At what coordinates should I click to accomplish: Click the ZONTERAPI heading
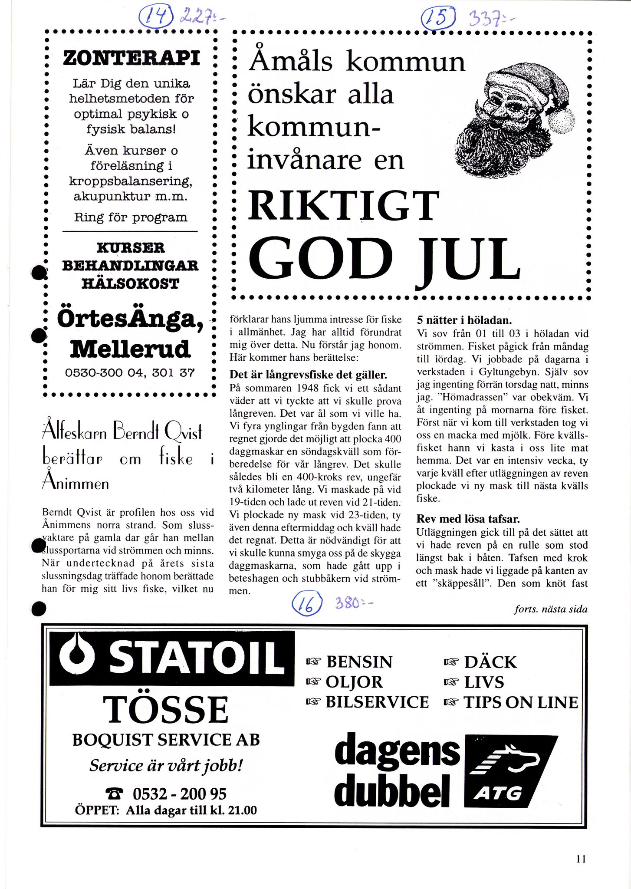[131, 58]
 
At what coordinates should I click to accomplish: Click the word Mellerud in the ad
[130, 349]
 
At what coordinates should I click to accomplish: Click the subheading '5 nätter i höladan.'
[464, 320]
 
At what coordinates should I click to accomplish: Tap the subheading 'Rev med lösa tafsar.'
[468, 519]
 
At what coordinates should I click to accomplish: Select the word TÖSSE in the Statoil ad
[166, 710]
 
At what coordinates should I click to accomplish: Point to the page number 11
[581, 859]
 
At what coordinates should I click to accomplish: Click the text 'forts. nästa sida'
[551, 609]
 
